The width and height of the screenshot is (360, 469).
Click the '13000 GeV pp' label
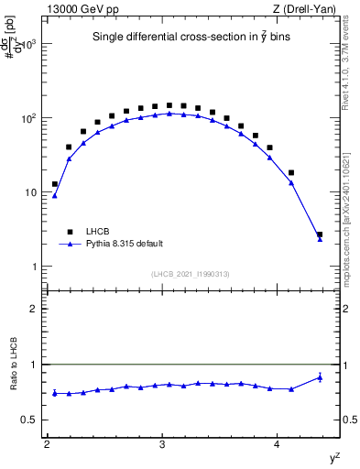[x=78, y=8]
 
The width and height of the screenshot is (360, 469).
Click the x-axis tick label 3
[x=162, y=444]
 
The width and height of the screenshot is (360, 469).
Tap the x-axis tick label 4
[x=278, y=444]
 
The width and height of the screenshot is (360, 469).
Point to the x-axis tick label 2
[x=47, y=444]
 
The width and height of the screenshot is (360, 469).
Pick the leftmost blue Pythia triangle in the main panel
[x=55, y=195]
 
